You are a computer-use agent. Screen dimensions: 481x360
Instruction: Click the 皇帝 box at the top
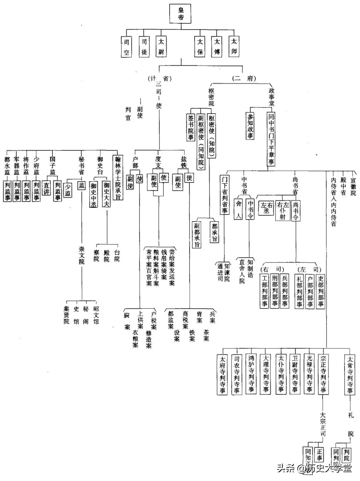181,14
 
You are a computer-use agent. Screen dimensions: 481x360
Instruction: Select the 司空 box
126,47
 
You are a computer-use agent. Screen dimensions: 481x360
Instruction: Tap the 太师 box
234,46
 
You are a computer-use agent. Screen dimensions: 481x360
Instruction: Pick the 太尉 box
161,47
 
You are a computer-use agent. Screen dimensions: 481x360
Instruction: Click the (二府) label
244,79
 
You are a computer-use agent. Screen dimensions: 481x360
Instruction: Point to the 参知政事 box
250,126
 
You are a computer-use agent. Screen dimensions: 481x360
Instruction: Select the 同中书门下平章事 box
271,139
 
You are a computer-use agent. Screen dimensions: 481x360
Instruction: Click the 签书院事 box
191,128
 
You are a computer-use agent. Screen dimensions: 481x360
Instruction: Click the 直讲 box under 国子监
46,188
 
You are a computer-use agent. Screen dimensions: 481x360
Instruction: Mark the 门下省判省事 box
225,195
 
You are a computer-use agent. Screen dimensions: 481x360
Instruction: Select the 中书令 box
250,209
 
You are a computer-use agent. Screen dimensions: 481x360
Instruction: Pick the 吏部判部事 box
320,290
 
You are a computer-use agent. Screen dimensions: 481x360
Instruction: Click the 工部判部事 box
265,290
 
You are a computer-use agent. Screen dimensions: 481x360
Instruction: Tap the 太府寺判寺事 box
222,375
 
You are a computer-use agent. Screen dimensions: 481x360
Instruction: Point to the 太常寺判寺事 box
350,375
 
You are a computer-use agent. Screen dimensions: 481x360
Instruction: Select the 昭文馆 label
96,315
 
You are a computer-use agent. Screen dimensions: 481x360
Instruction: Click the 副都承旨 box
197,235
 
